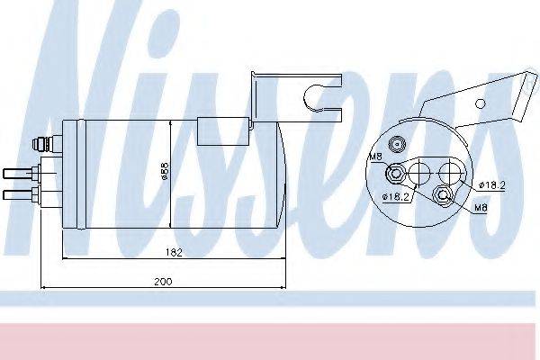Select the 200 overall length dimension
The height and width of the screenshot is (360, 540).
click(162, 282)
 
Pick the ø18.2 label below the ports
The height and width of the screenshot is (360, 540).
click(395, 196)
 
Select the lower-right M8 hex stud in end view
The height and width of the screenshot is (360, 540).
click(442, 196)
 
